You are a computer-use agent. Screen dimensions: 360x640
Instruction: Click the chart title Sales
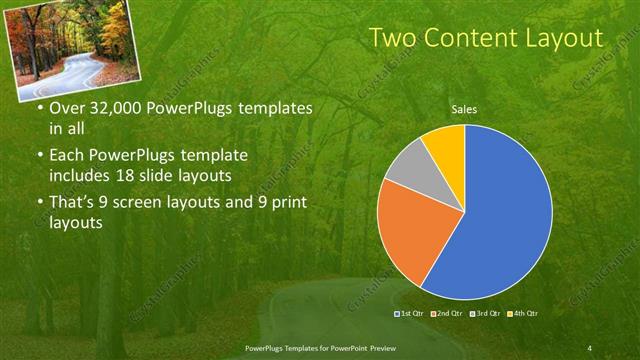pos(463,108)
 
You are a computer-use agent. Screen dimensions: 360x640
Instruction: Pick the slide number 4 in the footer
pos(590,347)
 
